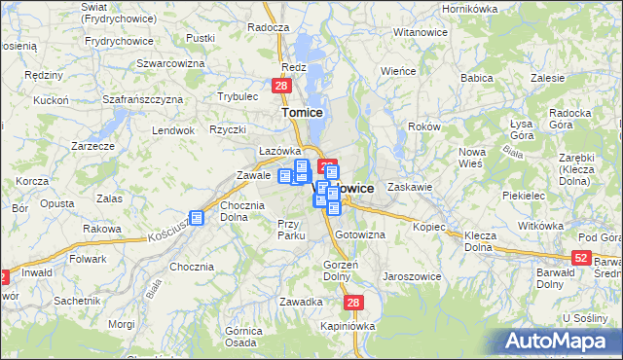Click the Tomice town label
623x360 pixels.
[303, 112]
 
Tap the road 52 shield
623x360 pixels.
[581, 257]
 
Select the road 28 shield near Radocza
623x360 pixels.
[280, 87]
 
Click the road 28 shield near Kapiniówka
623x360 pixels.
[353, 303]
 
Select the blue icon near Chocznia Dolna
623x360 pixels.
[197, 218]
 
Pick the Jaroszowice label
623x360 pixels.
[413, 275]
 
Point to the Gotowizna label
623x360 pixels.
[360, 235]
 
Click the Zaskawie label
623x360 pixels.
[409, 186]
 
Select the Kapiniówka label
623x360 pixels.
[348, 326]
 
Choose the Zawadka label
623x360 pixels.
[301, 302]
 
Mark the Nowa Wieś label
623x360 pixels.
[472, 156]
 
